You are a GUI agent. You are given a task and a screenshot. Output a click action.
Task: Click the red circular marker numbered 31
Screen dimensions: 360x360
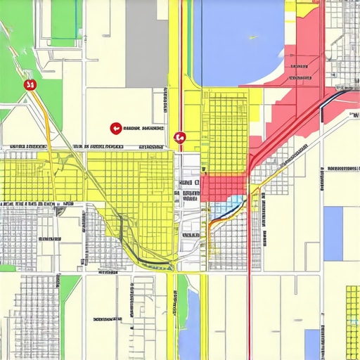click(30, 85)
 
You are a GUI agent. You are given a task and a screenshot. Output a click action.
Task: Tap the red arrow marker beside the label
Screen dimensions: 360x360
click(115, 128)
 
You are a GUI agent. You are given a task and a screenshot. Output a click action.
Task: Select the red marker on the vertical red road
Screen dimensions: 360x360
click(179, 139)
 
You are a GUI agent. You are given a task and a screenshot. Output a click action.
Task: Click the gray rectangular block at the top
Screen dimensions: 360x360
click(146, 42)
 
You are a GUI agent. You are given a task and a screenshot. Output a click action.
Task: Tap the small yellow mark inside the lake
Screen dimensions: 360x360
click(252, 37)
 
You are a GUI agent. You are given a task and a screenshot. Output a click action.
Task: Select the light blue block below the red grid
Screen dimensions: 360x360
click(231, 207)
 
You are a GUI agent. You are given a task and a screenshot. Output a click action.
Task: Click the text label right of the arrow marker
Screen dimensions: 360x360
click(143, 129)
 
